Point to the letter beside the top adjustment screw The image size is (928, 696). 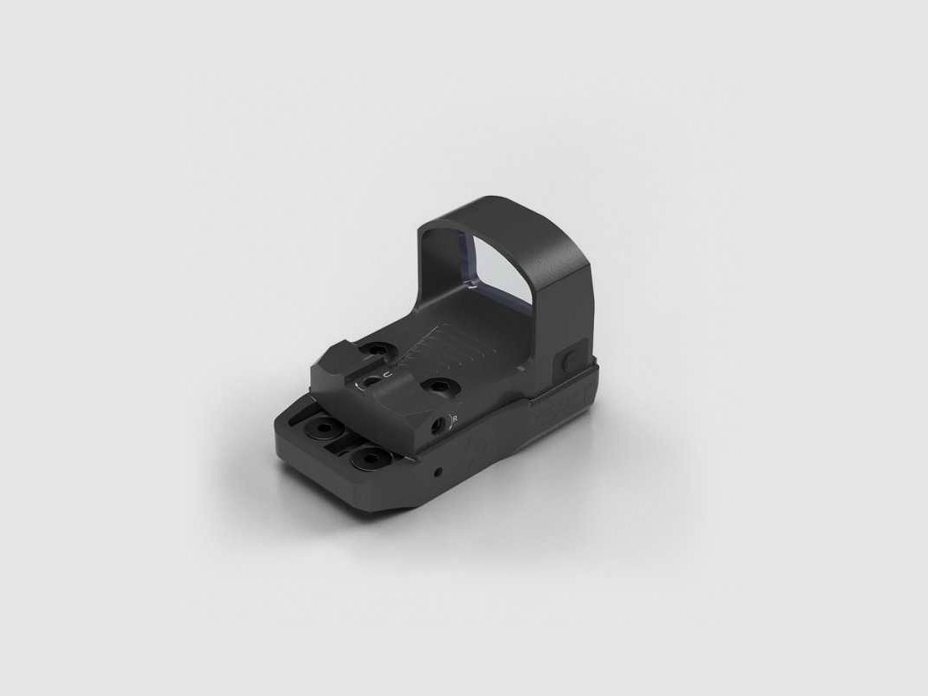tap(387, 374)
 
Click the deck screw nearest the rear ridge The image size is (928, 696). tap(376, 349)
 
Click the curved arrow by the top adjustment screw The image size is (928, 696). tap(361, 384)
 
